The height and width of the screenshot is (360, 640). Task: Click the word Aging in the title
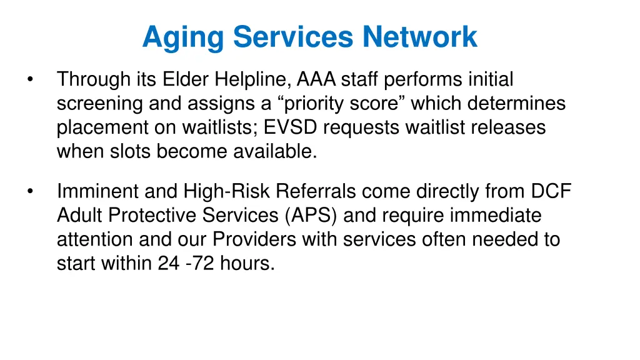pos(182,37)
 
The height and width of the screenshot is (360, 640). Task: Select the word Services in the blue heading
pos(292,37)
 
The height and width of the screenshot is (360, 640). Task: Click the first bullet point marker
pos(29,80)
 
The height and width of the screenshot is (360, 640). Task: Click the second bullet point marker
pos(29,191)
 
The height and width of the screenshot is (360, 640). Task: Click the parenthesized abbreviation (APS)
pos(313,216)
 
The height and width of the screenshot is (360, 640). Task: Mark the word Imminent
pos(96,191)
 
